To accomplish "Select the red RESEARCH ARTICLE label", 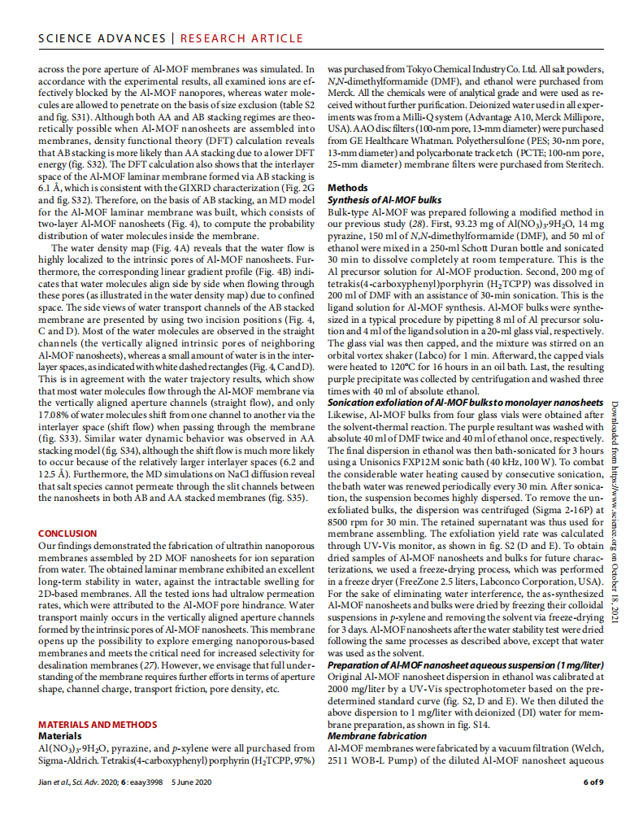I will (x=237, y=38).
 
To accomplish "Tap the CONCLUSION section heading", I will (x=67, y=534).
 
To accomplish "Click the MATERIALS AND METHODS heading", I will (x=98, y=724).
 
